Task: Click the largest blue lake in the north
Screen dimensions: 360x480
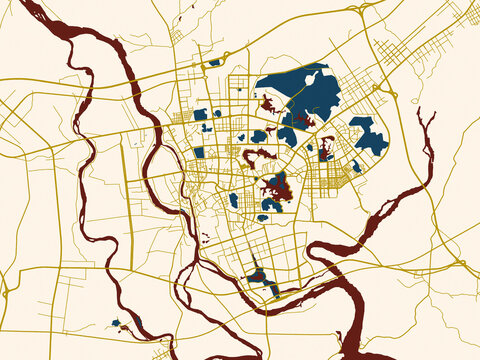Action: click(x=300, y=92)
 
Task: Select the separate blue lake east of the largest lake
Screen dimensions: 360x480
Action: click(x=368, y=136)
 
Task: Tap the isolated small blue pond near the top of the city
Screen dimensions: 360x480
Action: click(x=214, y=63)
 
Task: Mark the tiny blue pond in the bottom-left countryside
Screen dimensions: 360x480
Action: click(x=116, y=323)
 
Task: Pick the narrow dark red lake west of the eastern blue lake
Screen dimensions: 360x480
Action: click(x=326, y=148)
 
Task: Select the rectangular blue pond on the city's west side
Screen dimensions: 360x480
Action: click(x=198, y=152)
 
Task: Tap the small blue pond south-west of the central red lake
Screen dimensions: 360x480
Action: click(x=234, y=200)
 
